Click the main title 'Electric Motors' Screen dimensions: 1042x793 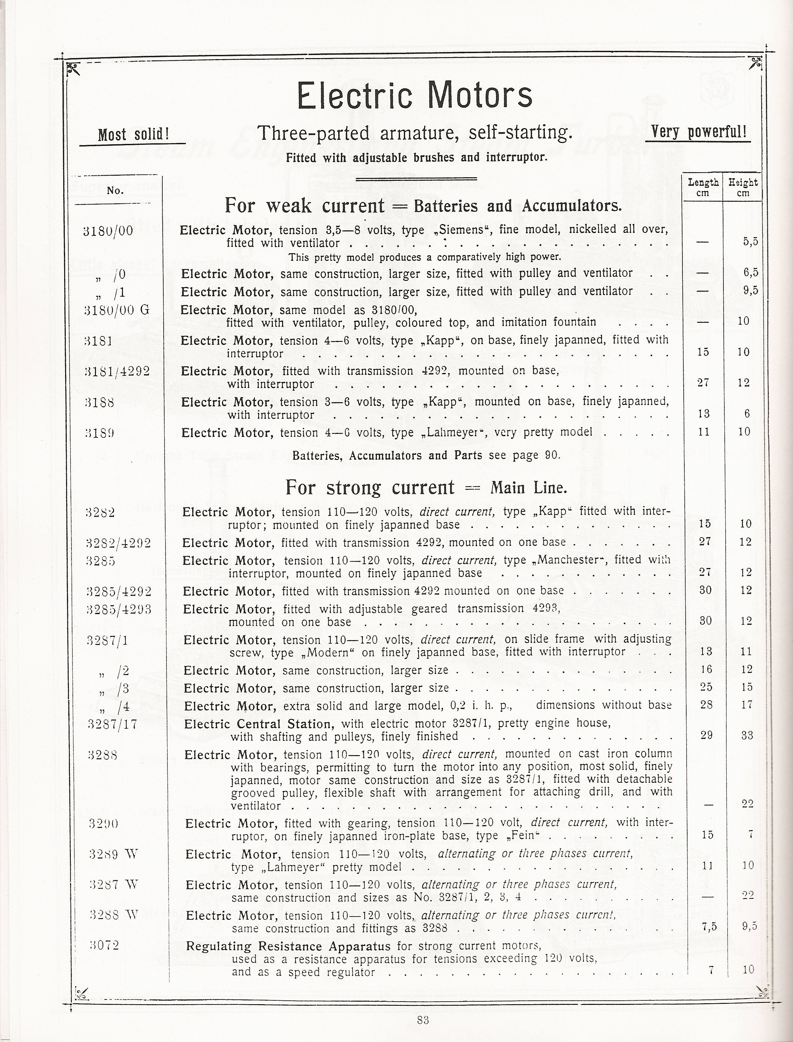(414, 95)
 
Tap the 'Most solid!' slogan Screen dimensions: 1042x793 (133, 135)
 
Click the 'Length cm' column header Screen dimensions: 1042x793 (703, 187)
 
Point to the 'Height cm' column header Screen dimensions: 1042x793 (743, 187)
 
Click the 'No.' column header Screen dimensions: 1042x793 (115, 191)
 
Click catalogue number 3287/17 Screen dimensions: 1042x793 (113, 724)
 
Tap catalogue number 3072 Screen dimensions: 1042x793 (104, 945)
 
